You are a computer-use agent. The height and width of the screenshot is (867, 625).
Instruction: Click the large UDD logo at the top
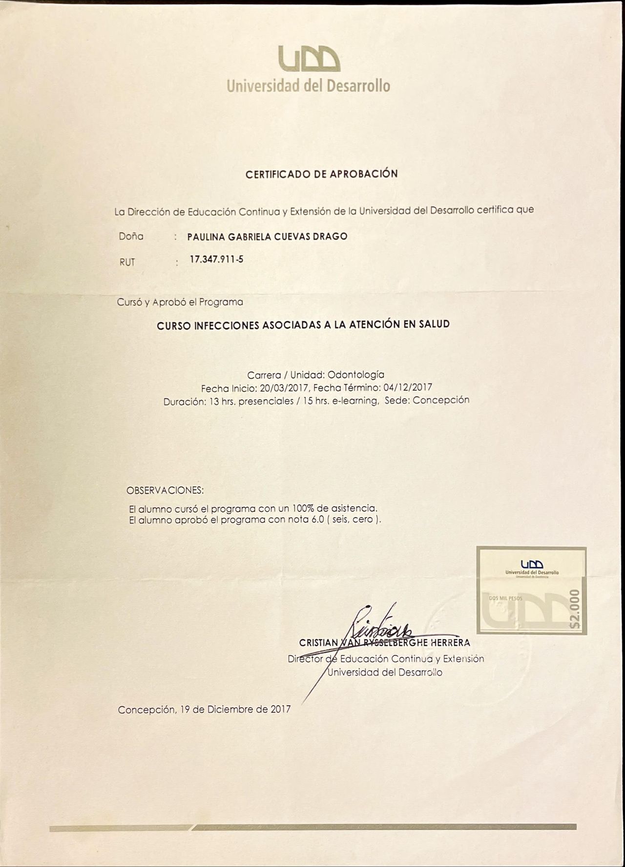(x=309, y=59)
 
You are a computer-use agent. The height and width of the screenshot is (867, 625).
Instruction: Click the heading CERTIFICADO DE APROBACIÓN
(x=321, y=174)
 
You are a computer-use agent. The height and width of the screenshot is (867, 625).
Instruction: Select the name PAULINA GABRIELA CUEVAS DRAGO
(x=267, y=237)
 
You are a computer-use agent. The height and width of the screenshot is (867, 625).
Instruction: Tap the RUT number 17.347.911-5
(x=216, y=260)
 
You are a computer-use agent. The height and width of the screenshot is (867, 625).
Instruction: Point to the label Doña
(x=131, y=237)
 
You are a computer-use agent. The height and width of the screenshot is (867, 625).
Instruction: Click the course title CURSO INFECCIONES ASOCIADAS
(x=303, y=325)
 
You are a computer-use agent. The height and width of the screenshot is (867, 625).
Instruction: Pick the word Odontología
(x=356, y=375)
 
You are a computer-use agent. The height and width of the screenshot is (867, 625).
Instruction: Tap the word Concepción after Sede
(x=441, y=400)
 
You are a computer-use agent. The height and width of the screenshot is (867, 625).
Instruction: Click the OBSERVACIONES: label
(x=165, y=490)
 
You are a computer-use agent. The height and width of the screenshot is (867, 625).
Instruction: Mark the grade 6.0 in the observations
(x=318, y=520)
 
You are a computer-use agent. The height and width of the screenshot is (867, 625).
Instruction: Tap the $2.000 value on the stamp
(x=575, y=608)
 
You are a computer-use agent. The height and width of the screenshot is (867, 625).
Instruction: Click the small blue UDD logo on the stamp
(x=532, y=564)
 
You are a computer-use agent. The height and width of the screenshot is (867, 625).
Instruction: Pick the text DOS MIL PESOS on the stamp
(x=506, y=598)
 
